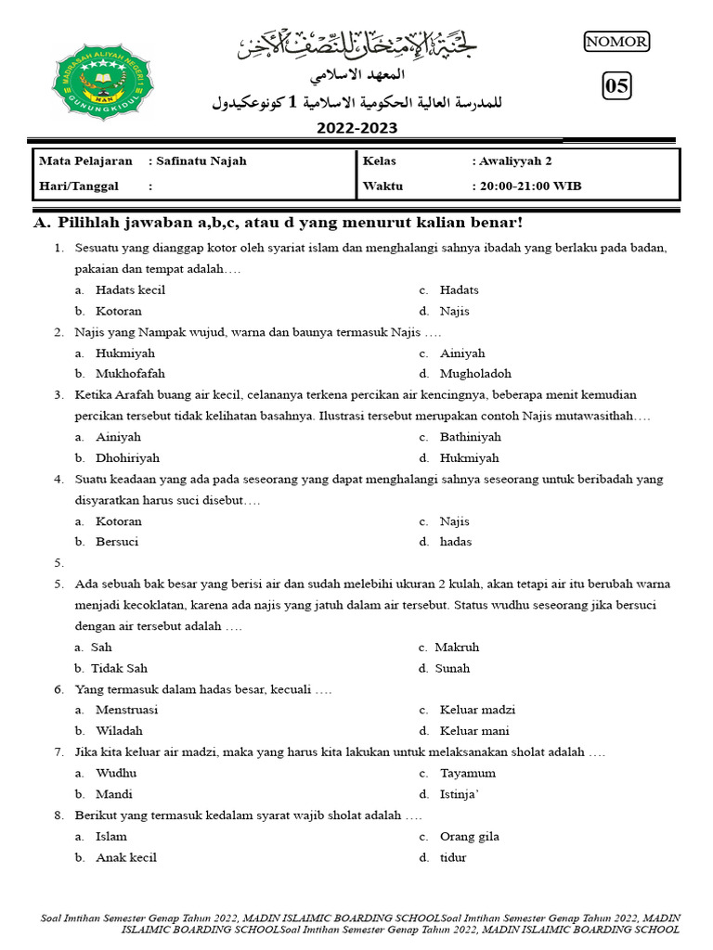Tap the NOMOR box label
[616, 41]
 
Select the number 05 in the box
[616, 87]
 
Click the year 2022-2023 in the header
[356, 129]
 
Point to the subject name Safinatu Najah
[201, 160]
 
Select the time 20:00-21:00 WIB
[531, 186]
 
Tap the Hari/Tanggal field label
[79, 186]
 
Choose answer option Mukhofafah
[131, 374]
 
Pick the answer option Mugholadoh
[475, 374]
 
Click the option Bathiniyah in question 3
[470, 436]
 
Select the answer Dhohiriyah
[127, 457]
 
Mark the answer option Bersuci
[117, 542]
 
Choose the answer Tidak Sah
[119, 668]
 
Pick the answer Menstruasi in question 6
[126, 710]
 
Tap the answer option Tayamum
[468, 773]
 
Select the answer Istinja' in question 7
[460, 794]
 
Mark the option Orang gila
[469, 836]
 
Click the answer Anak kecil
[125, 857]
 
